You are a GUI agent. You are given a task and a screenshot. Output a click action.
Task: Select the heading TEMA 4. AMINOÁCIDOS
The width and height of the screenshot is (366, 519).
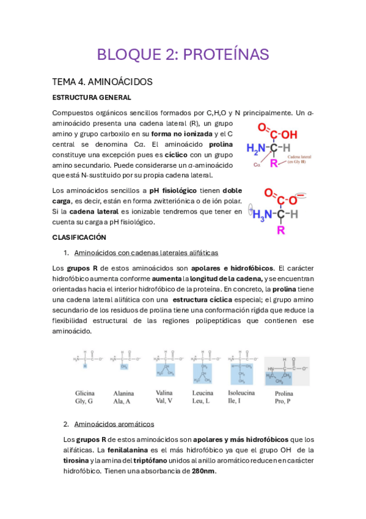click(x=102, y=81)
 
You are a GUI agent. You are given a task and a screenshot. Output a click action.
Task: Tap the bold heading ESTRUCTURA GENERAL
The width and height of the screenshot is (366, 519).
click(x=92, y=97)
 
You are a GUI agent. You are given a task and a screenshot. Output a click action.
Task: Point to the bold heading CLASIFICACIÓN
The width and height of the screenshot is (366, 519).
click(x=79, y=237)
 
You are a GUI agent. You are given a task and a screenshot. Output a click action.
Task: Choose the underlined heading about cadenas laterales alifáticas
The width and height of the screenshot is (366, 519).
click(x=146, y=253)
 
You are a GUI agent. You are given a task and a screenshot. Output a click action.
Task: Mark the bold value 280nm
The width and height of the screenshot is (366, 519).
click(x=203, y=472)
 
